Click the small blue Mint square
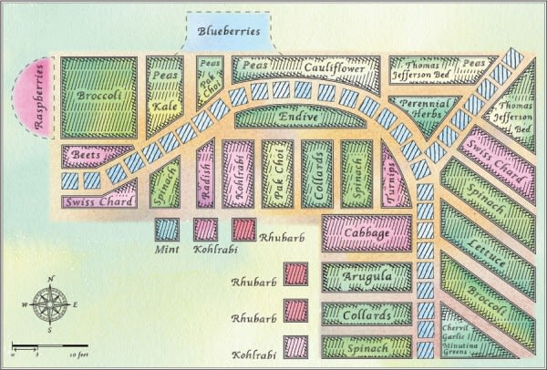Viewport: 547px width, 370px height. click(167, 229)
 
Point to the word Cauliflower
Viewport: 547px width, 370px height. click(335, 68)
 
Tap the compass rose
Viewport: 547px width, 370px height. click(50, 305)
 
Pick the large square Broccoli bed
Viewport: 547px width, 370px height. click(98, 98)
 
